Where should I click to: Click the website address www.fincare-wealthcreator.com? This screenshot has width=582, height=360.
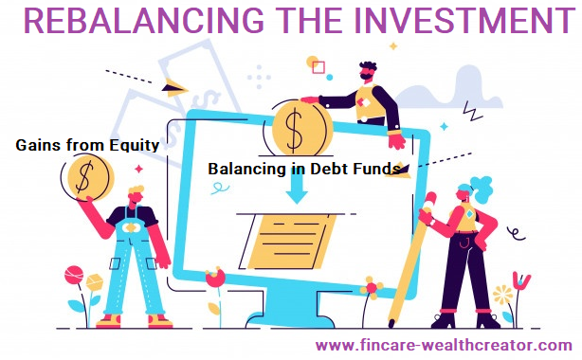point(444,345)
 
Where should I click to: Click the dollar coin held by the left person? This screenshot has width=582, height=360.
point(88,175)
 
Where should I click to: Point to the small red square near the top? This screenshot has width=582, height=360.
point(318,67)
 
